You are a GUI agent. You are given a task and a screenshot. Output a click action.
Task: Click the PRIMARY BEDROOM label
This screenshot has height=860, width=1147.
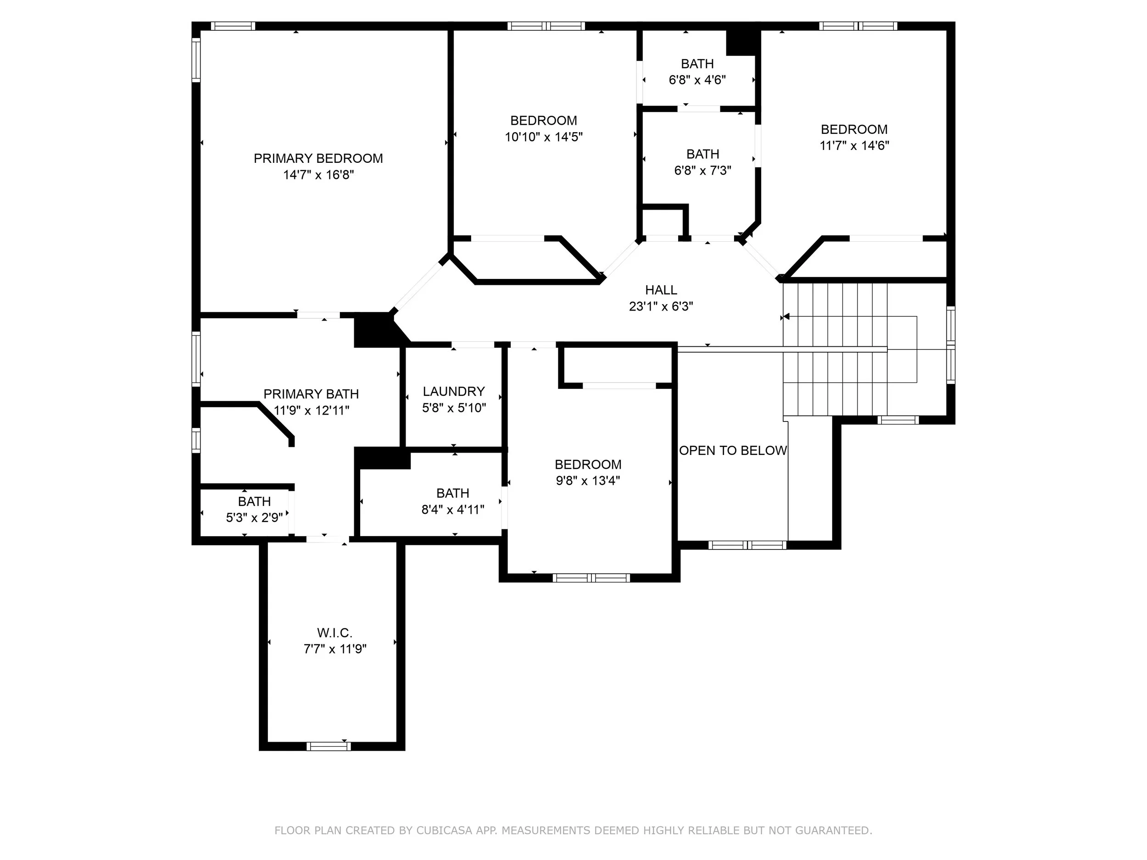(318, 159)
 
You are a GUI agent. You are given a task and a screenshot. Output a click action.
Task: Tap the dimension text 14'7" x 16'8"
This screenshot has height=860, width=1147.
(318, 175)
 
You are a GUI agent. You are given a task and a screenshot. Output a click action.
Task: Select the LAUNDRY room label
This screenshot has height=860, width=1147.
(454, 391)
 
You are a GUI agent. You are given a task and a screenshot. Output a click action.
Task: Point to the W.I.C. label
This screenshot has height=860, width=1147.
(335, 633)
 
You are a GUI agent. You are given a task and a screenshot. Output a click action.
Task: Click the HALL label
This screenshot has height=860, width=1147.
(661, 290)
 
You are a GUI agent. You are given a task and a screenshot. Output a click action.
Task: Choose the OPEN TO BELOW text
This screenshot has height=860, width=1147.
(733, 450)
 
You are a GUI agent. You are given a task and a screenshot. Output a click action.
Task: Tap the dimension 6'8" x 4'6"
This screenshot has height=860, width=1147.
(697, 80)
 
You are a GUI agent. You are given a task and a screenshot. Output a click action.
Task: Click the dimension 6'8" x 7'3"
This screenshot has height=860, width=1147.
(702, 171)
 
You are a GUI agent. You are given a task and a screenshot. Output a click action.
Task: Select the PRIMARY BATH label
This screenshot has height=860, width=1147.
(311, 394)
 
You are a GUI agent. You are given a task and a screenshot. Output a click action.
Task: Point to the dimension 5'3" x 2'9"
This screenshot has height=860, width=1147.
(255, 517)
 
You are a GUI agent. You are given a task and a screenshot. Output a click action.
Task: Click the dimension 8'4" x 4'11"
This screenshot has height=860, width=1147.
(453, 510)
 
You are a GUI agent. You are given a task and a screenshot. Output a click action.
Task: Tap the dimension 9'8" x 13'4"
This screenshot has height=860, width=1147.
(588, 481)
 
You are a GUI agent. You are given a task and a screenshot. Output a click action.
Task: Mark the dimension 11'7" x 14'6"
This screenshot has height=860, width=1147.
(854, 146)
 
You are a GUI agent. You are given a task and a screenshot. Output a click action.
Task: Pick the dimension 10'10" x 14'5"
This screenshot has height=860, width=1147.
(544, 137)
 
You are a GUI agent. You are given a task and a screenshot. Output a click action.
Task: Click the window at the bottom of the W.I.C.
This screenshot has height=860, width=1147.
(329, 746)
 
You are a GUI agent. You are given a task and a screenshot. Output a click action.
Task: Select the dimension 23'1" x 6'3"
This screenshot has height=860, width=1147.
(661, 306)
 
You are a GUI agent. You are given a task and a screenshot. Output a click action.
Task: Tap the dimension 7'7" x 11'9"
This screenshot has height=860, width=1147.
(335, 649)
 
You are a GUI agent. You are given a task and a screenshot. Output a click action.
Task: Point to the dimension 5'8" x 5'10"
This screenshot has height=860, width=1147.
(454, 408)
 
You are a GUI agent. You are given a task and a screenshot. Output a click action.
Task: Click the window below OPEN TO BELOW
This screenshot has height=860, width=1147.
(747, 545)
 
